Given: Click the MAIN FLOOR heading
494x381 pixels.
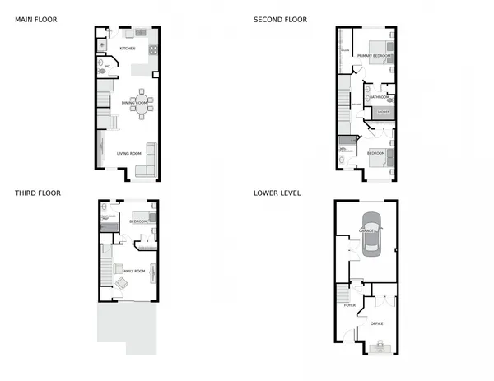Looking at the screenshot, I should [35, 19].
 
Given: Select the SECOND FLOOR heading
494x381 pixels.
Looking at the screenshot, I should [281, 19].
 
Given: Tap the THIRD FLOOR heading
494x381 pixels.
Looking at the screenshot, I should [38, 193].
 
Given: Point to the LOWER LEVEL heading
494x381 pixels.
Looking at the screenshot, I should [277, 193].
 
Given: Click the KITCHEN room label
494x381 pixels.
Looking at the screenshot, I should [127, 49].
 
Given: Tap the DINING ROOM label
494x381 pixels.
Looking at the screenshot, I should [134, 103].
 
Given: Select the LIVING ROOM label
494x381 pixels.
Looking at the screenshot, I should [128, 154].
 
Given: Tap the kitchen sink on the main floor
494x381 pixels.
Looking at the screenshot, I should [130, 33].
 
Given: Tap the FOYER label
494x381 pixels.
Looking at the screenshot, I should [349, 304].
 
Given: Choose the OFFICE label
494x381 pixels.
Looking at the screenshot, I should [377, 323].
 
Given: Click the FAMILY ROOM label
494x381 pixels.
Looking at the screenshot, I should [133, 271].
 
